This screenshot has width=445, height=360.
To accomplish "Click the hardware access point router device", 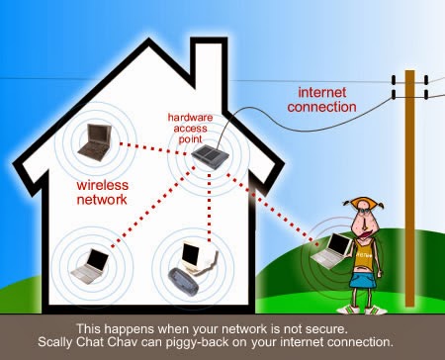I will [x=205, y=155].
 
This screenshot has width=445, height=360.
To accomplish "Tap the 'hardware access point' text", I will [x=193, y=124].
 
